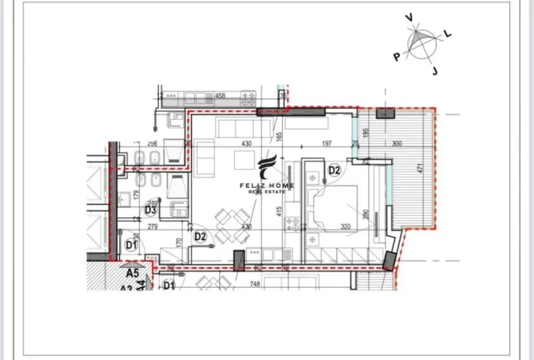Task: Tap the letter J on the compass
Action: point(436,70)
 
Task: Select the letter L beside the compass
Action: point(447,34)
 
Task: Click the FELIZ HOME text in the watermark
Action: point(267,186)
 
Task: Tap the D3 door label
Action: point(149,210)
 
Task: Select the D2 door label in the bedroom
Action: point(334,170)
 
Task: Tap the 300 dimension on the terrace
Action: point(397,144)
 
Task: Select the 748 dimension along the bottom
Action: point(254,283)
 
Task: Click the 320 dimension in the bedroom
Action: point(345,226)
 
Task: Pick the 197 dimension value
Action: point(326,144)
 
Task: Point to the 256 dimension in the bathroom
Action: point(152,144)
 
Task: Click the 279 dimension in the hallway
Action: point(152,227)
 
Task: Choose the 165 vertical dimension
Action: point(281,137)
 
